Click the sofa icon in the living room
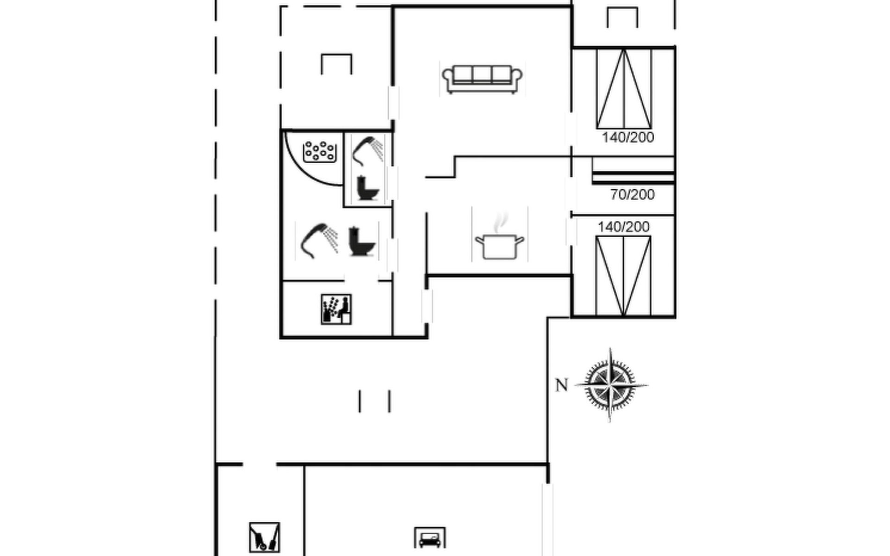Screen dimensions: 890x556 482,79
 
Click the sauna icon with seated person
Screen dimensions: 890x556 336,309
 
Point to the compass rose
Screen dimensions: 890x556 610,385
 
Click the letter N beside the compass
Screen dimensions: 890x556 561,385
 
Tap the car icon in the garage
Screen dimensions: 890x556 430,538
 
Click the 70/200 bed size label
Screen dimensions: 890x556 632,195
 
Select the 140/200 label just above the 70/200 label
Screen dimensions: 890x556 628,138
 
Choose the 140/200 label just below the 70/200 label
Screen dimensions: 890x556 623,227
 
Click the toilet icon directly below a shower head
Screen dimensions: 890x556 368,188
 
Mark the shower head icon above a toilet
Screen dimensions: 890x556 368,150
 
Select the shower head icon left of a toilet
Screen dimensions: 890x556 319,240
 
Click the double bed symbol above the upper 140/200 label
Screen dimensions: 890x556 624,88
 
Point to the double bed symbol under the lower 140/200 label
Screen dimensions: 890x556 623,276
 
